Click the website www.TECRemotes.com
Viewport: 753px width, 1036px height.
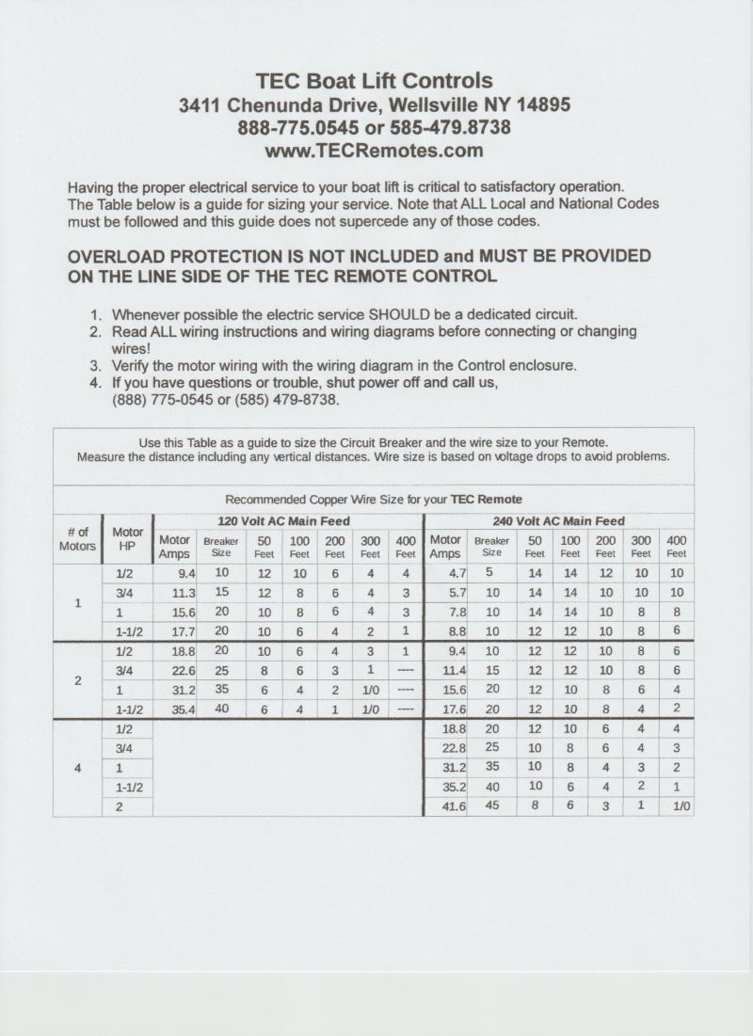click(375, 151)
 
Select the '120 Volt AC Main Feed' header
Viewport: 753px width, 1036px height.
click(283, 521)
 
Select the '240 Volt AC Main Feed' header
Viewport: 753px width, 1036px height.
click(559, 521)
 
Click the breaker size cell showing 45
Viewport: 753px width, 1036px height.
click(491, 806)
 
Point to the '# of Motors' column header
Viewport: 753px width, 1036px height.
click(77, 539)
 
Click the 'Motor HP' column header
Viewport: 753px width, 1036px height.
click(127, 539)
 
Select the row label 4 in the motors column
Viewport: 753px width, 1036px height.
click(77, 767)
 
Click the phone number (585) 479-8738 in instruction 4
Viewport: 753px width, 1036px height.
click(275, 399)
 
